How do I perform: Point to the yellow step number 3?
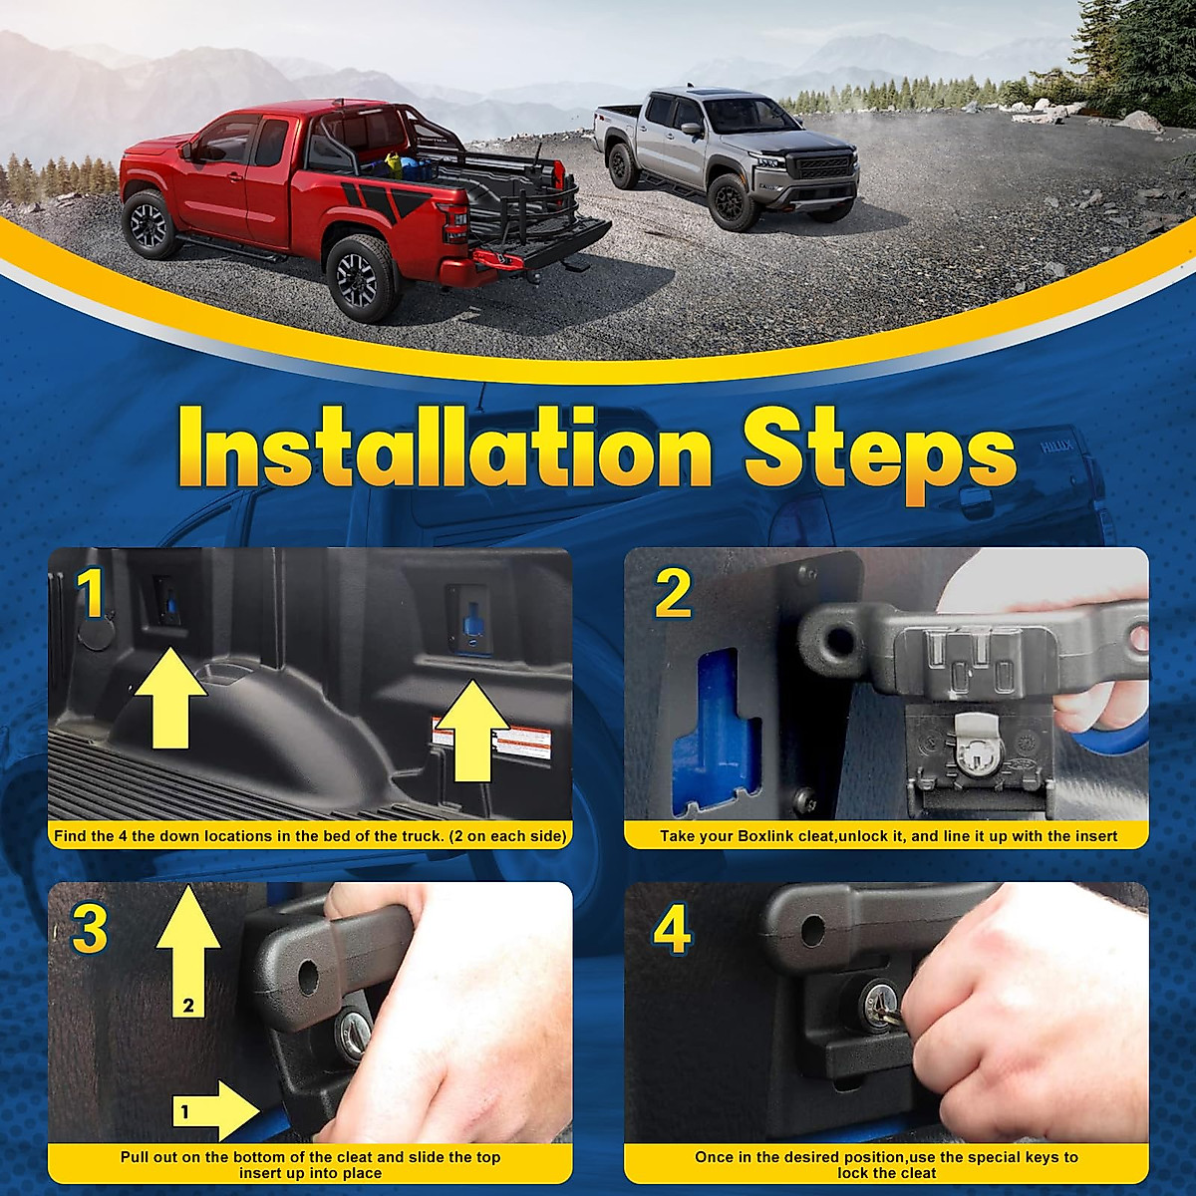90,929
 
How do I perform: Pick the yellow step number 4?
672,929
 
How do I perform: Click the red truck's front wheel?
149,225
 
